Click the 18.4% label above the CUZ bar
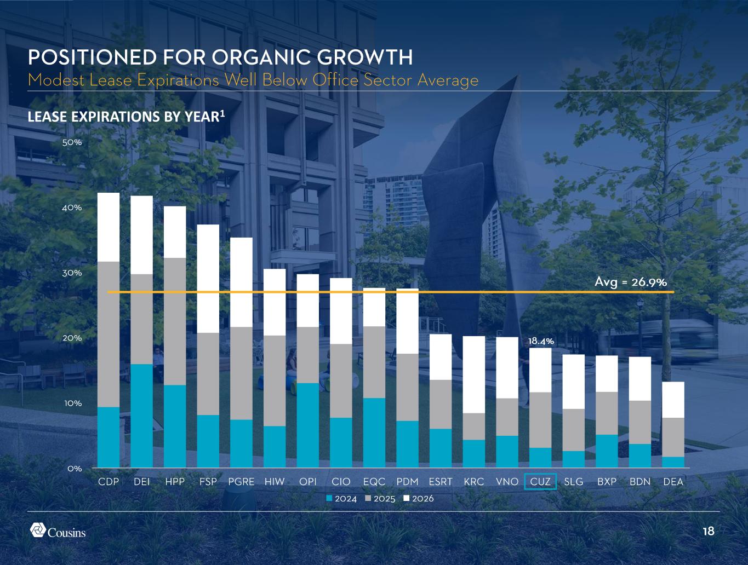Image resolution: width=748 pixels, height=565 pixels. click(x=541, y=341)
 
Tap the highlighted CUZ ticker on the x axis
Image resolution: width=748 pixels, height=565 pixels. click(x=540, y=482)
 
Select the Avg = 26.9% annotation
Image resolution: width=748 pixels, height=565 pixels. click(x=630, y=282)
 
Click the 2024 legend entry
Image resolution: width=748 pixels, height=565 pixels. click(x=341, y=499)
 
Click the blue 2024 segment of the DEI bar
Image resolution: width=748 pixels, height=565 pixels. click(x=141, y=416)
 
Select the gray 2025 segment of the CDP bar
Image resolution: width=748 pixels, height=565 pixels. click(x=109, y=334)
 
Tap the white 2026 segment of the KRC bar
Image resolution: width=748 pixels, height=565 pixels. click(x=474, y=374)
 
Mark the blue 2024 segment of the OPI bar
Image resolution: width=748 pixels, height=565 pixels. click(x=308, y=425)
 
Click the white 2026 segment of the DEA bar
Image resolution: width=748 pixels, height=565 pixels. click(x=673, y=400)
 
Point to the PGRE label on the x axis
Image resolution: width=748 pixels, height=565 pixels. click(x=241, y=482)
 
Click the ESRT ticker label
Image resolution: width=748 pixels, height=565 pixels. click(x=441, y=482)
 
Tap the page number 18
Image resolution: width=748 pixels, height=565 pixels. click(x=708, y=531)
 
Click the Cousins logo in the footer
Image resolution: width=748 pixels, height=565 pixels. click(x=58, y=531)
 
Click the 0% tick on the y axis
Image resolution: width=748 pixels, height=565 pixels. click(x=75, y=468)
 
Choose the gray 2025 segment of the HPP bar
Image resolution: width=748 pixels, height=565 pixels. click(x=175, y=321)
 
